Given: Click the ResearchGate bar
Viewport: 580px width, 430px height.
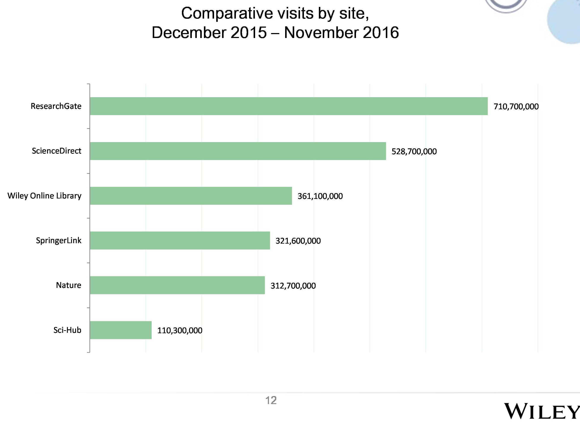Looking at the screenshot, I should (x=288, y=106).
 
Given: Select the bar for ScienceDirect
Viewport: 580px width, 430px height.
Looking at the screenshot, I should (x=238, y=151).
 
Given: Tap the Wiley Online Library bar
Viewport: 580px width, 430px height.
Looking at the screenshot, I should (x=191, y=196).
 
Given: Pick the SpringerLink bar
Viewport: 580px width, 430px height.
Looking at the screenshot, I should (x=180, y=241).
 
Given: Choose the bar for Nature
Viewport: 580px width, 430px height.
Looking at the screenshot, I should (x=177, y=285).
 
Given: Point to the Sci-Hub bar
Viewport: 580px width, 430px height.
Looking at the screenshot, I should (x=121, y=330).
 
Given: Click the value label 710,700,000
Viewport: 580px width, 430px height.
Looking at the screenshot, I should (x=516, y=106).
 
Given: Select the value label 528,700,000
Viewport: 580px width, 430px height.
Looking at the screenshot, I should (x=414, y=151).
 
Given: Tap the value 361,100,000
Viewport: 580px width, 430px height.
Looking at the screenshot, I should (x=320, y=196).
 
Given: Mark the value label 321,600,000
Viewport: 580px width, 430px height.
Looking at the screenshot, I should (x=298, y=241).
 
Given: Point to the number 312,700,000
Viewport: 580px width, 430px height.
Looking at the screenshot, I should (x=293, y=286).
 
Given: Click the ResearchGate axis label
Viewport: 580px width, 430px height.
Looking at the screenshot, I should (x=56, y=106).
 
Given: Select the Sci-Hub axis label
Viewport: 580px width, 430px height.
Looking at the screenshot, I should (x=67, y=330).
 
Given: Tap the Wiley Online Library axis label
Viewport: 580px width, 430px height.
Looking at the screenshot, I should (x=44, y=196).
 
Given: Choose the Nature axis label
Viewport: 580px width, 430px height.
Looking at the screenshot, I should (x=68, y=285).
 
